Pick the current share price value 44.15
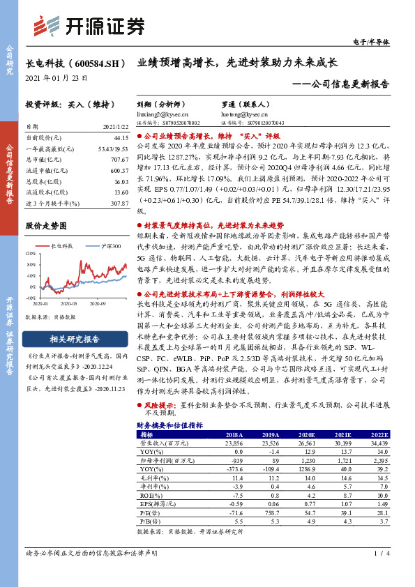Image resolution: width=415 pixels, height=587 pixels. point(120,138)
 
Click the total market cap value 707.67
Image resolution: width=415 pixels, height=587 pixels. point(119,159)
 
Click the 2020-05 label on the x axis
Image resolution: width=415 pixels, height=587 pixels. point(69,304)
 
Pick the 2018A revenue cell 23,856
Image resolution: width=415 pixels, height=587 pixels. point(234,442)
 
